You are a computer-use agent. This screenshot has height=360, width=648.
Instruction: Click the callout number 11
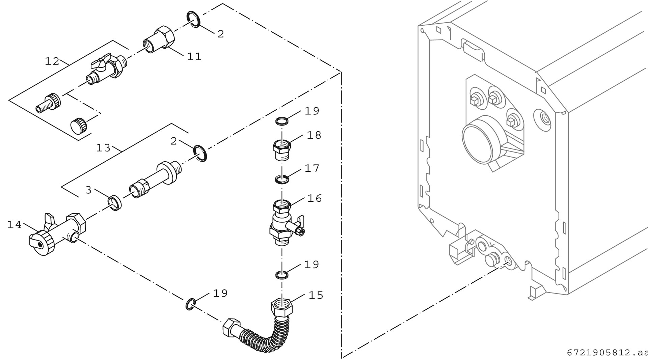[194, 56]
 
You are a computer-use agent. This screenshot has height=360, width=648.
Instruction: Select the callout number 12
[52, 61]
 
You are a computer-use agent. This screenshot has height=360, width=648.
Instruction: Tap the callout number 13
[103, 148]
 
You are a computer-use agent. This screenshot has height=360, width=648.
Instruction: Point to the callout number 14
[15, 225]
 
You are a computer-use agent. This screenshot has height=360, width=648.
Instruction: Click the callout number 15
[316, 295]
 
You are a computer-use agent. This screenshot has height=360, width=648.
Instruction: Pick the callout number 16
[315, 198]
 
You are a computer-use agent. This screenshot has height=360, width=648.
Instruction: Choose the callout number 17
[312, 168]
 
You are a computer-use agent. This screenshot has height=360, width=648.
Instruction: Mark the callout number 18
[314, 135]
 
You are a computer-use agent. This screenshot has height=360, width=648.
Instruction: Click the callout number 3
[88, 190]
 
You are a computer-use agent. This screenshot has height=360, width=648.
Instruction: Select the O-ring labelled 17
[282, 179]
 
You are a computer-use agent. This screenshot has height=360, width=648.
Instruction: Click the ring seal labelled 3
[115, 202]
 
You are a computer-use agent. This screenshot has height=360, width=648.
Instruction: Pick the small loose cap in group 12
[79, 125]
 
